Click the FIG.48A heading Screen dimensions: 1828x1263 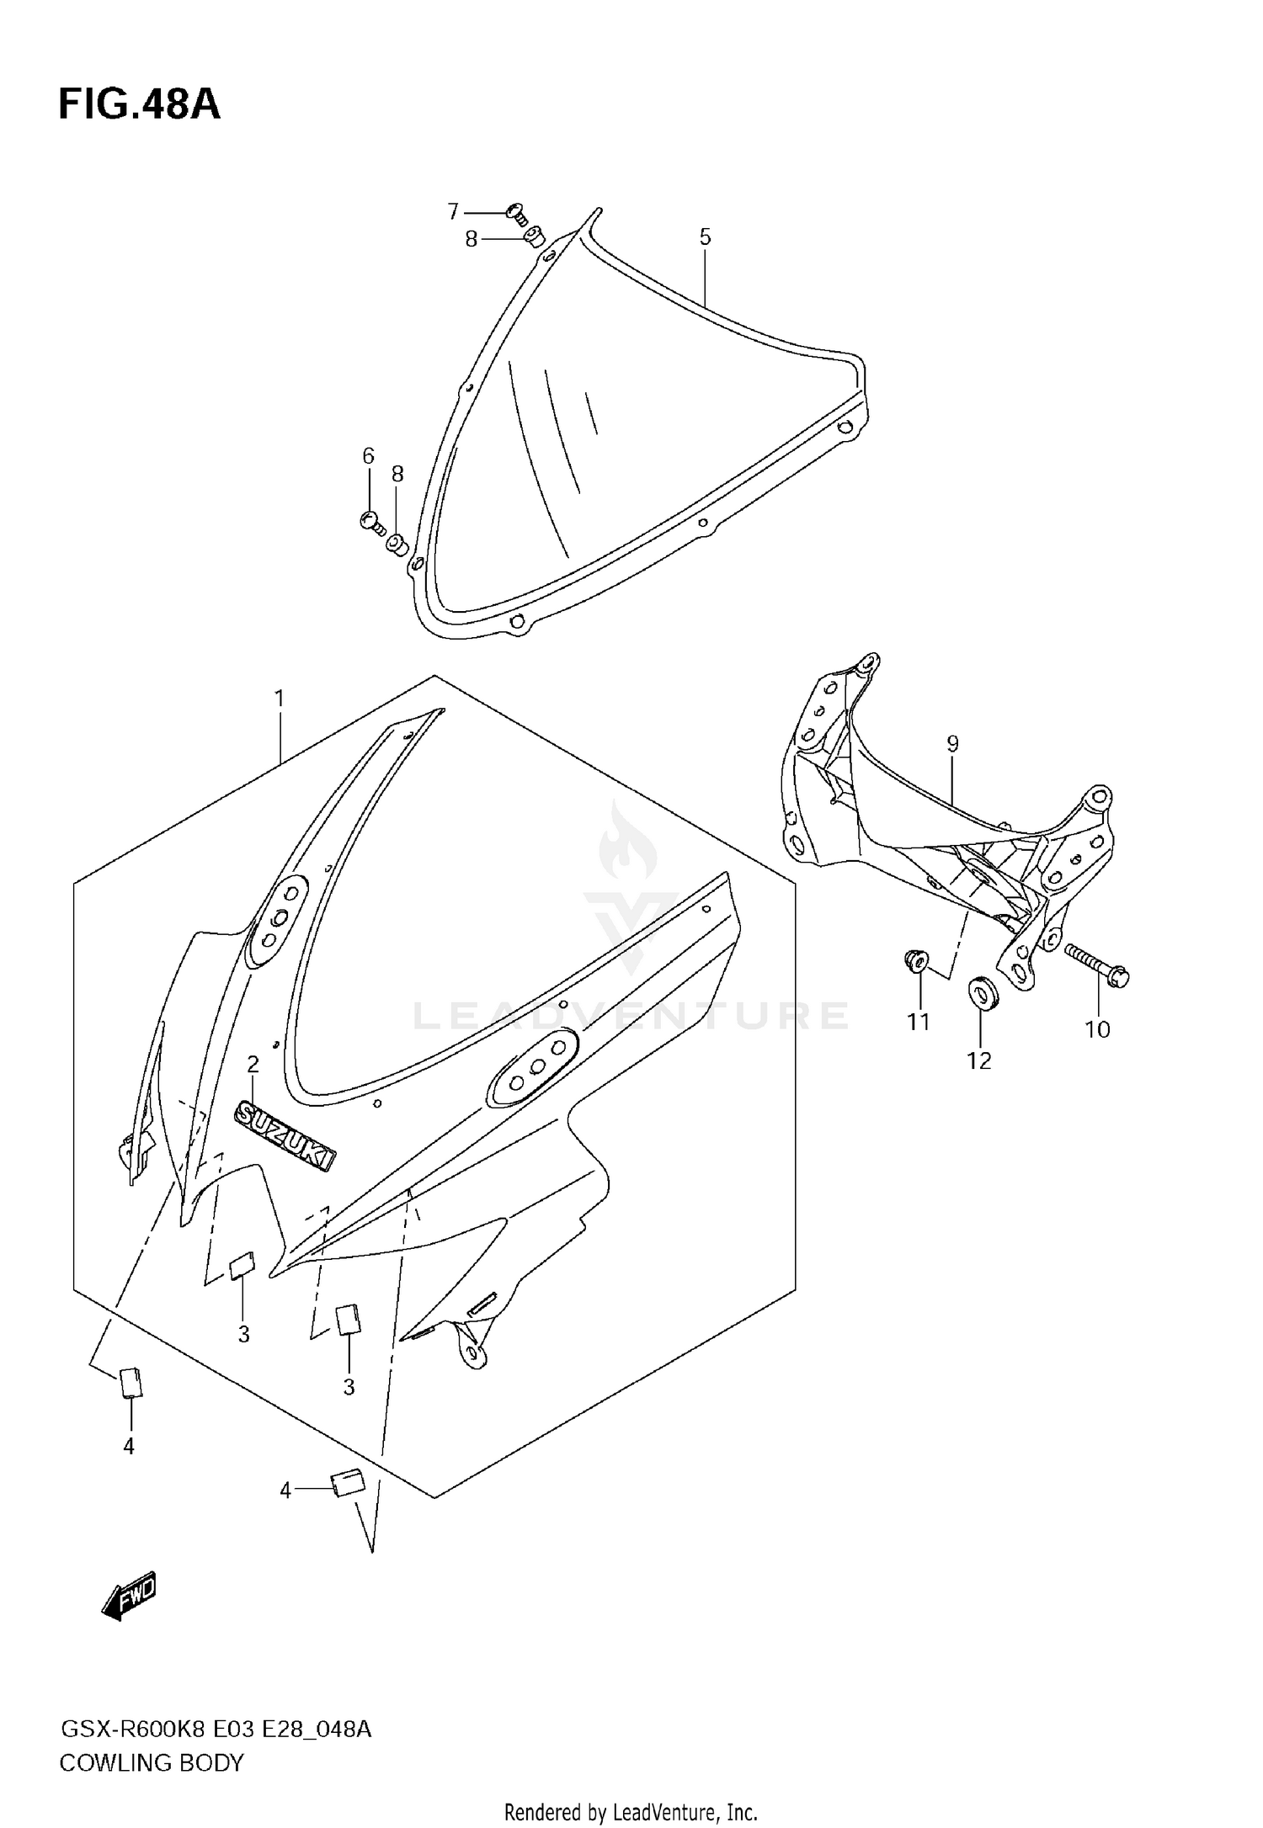[x=139, y=105]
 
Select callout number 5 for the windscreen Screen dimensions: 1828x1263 [x=705, y=236]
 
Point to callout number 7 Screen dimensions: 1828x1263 [x=453, y=211]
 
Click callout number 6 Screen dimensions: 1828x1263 [x=368, y=456]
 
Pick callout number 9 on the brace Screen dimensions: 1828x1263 [x=952, y=743]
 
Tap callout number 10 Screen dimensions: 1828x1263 [x=1097, y=1029]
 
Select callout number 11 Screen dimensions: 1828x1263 [x=918, y=1022]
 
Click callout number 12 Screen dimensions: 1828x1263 [x=978, y=1061]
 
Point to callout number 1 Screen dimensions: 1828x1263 [x=279, y=699]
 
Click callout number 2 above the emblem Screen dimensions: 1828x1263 [x=253, y=1065]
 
